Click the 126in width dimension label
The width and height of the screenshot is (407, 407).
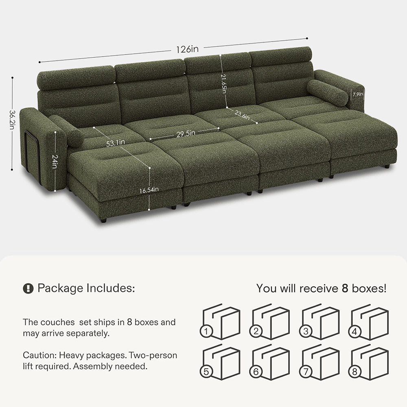pyautogui.click(x=187, y=49)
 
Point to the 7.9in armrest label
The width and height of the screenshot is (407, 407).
pyautogui.click(x=358, y=94)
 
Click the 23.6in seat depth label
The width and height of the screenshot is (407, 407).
pyautogui.click(x=242, y=115)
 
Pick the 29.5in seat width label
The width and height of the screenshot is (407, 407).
pyautogui.click(x=186, y=133)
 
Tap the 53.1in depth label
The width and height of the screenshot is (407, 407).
pyautogui.click(x=115, y=143)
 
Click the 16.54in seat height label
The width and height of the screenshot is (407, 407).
pyautogui.click(x=149, y=190)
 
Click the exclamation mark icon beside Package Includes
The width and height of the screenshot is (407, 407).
pyautogui.click(x=28, y=288)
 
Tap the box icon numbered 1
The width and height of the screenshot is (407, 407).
pyautogui.click(x=220, y=322)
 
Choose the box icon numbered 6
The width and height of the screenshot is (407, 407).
pyautogui.click(x=269, y=362)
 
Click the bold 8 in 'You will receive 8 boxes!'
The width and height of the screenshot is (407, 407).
pyautogui.click(x=345, y=289)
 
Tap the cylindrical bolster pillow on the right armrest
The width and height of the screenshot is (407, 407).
pyautogui.click(x=328, y=93)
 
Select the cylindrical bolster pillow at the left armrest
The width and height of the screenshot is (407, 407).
pyautogui.click(x=66, y=131)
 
